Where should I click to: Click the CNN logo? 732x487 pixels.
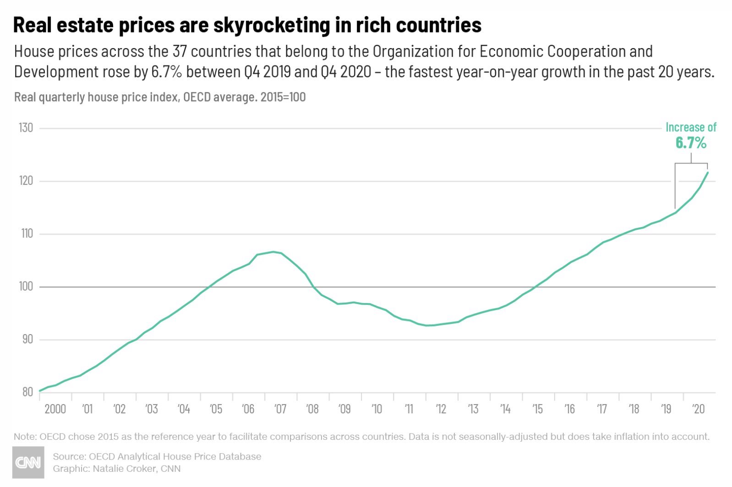(28, 462)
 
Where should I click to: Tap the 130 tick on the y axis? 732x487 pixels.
(26, 128)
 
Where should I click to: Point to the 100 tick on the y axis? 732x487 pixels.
(26, 287)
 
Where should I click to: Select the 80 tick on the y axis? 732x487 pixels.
(27, 392)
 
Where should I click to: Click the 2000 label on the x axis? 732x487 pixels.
(55, 409)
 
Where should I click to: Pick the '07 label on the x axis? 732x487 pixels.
(280, 409)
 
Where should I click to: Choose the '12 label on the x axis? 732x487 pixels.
(441, 409)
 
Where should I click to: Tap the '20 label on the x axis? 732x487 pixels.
(698, 409)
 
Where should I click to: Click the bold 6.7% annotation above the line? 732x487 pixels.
(691, 143)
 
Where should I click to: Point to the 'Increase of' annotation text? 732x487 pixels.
(691, 127)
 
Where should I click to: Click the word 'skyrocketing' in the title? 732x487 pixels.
(271, 25)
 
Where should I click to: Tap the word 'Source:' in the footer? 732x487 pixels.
(69, 456)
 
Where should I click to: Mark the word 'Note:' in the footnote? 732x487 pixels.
(25, 437)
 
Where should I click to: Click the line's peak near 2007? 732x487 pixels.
(273, 252)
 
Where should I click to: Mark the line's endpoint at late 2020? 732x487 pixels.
(708, 173)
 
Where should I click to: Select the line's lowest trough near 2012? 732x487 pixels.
(427, 325)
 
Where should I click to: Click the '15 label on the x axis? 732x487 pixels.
(537, 409)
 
